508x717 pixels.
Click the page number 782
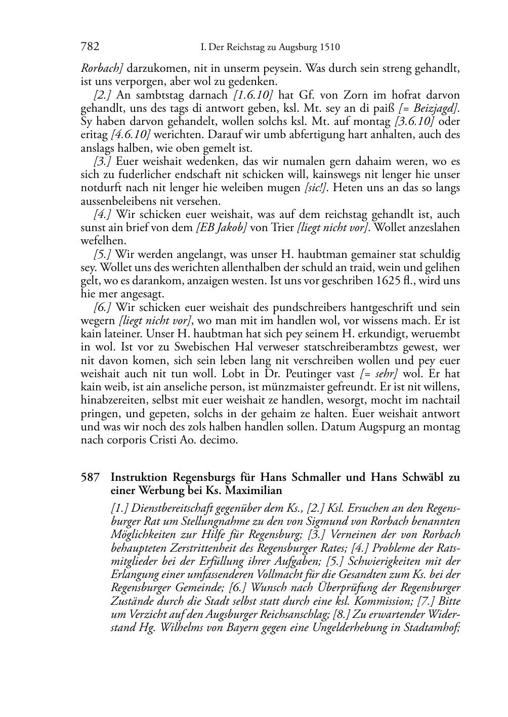[90, 47]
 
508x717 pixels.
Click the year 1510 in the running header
[329, 48]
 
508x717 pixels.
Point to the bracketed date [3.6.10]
[414, 121]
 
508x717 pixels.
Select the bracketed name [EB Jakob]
[221, 228]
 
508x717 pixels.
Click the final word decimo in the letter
[221, 440]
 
